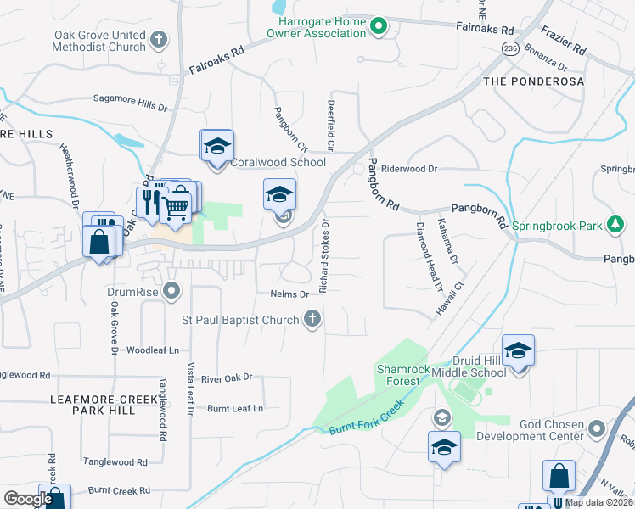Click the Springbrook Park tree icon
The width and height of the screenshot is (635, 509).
click(615, 225)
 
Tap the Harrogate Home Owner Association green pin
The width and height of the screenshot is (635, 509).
click(379, 26)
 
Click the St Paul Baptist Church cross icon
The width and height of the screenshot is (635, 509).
click(312, 320)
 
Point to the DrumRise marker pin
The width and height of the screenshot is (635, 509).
click(172, 293)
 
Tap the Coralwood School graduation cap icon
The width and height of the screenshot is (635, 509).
click(216, 146)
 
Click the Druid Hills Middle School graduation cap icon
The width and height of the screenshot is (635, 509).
click(518, 350)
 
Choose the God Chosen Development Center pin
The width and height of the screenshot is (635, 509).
click(594, 428)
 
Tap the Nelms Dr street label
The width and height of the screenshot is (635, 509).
click(289, 294)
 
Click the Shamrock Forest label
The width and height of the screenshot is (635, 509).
click(399, 374)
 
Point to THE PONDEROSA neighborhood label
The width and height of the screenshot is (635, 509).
click(533, 81)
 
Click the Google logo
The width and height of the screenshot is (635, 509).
click(28, 499)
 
